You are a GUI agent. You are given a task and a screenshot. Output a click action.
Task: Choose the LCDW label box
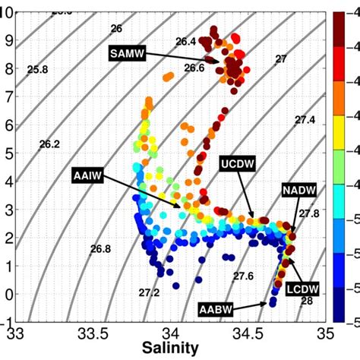303,289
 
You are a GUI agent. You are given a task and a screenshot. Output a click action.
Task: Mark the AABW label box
215,309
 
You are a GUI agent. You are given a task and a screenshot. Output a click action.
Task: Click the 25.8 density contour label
37,70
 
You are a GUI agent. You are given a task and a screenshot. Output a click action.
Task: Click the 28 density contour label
307,302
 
